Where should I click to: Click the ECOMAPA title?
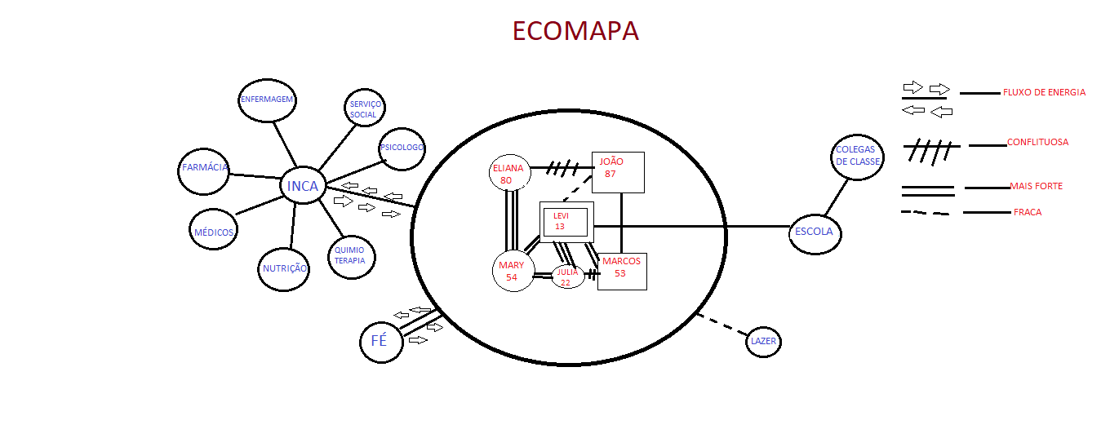(x=575, y=31)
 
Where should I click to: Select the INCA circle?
(x=302, y=186)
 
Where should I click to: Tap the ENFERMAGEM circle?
(x=267, y=100)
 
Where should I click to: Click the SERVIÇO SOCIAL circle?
(x=363, y=109)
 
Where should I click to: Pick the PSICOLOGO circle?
(x=402, y=148)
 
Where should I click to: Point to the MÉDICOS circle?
(x=214, y=232)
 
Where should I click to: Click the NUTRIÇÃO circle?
(x=284, y=268)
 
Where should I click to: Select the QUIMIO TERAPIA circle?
(x=351, y=256)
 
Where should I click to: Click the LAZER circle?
(x=764, y=341)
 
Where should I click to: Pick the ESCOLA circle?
(x=814, y=232)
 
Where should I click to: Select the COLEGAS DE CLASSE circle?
(x=858, y=157)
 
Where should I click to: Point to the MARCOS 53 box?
(x=622, y=271)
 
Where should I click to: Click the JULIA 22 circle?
(x=568, y=277)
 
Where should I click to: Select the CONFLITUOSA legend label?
(x=1037, y=143)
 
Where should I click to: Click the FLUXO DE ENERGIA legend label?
(x=1044, y=93)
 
